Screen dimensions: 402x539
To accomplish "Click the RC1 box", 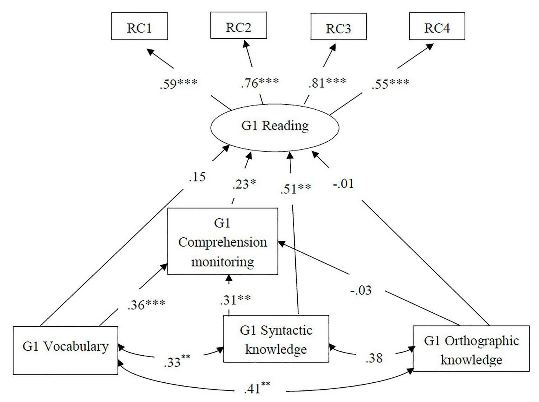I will coord(139,26).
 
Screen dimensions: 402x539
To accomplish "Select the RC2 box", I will coord(238,26).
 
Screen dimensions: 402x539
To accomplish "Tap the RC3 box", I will coord(338,27).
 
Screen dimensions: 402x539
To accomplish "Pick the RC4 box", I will coord(437,26).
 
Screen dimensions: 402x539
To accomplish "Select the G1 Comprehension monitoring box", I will coord(223,242).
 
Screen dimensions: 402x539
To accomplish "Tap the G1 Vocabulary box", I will coord(65,350).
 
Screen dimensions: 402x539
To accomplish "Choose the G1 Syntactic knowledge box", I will coord(276,339).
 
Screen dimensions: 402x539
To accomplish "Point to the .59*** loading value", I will coord(178,84).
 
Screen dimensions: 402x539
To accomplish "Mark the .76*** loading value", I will coord(260,83).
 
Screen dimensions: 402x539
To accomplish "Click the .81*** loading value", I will coord(327,83).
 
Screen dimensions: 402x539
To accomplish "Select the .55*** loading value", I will coord(390,84).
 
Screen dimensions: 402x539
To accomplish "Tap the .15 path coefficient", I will coord(197,177).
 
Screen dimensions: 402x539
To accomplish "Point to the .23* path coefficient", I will coord(244,184).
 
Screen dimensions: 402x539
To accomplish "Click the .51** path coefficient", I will coord(295,189).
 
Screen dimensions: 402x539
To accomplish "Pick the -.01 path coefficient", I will coord(343,184).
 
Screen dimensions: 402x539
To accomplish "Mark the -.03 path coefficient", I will coord(361,290).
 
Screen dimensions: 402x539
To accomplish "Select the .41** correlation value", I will coord(257,388).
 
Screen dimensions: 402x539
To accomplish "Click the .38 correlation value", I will coord(374,358).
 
